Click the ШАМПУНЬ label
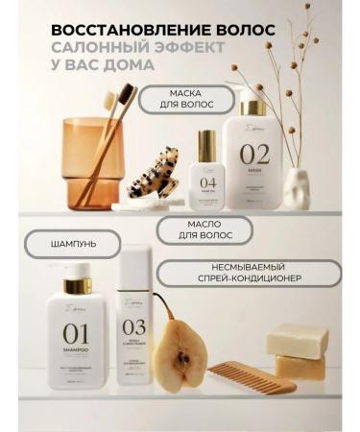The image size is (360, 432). [74, 245]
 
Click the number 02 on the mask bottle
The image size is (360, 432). [254, 154]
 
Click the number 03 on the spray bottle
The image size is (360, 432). [134, 327]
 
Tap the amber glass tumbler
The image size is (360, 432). [91, 163]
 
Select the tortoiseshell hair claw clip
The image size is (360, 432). [154, 179]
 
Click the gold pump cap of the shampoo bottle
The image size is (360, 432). [76, 284]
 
